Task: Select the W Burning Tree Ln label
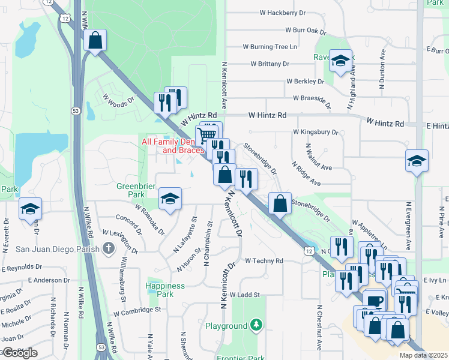270,46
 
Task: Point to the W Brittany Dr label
270,63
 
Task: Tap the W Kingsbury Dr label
315,131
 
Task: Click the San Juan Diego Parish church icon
108,248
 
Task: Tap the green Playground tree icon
256,325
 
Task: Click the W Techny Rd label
264,261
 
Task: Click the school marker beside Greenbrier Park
170,199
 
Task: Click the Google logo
19,353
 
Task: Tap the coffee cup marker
375,300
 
